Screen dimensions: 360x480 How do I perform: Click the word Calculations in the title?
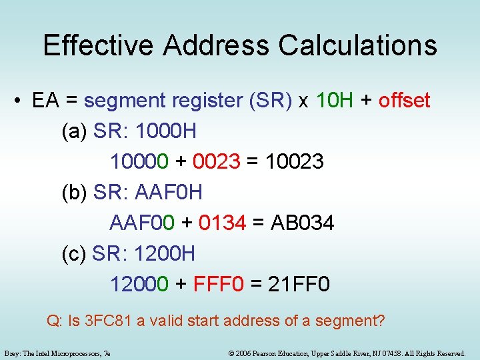coord(358,45)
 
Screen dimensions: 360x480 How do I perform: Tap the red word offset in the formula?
coord(405,101)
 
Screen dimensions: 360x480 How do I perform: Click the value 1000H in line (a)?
coord(165,131)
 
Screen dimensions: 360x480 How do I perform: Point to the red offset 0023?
coord(216,162)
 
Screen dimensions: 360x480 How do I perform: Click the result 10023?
coord(294,162)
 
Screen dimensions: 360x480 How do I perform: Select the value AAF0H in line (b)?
coord(168,193)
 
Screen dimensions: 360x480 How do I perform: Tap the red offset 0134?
coord(222,223)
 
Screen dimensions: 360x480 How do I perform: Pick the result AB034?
coord(303,223)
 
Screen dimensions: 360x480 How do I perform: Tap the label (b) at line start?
coord(74,193)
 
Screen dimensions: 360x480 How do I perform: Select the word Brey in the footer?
coord(11,353)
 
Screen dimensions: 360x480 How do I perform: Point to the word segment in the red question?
coord(347,321)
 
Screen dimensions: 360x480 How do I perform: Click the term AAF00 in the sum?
coord(142,223)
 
